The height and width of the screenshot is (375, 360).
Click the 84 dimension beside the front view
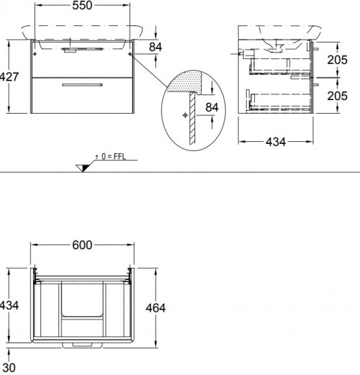tap(155, 48)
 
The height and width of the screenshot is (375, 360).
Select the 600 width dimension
tap(82, 245)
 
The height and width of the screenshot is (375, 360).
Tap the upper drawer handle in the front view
tap(72, 51)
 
